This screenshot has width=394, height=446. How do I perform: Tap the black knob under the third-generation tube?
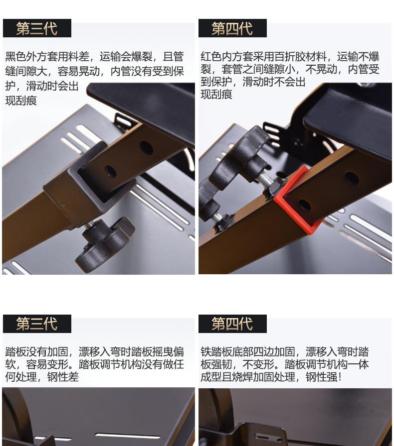(103, 242)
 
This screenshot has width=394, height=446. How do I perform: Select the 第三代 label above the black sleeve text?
(37, 28)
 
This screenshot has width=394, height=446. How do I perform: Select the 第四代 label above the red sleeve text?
(232, 28)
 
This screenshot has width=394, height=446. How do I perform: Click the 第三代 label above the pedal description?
(37, 324)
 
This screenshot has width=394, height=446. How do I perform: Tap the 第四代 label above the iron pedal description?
(232, 324)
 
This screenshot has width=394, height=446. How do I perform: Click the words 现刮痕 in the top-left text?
(21, 101)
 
